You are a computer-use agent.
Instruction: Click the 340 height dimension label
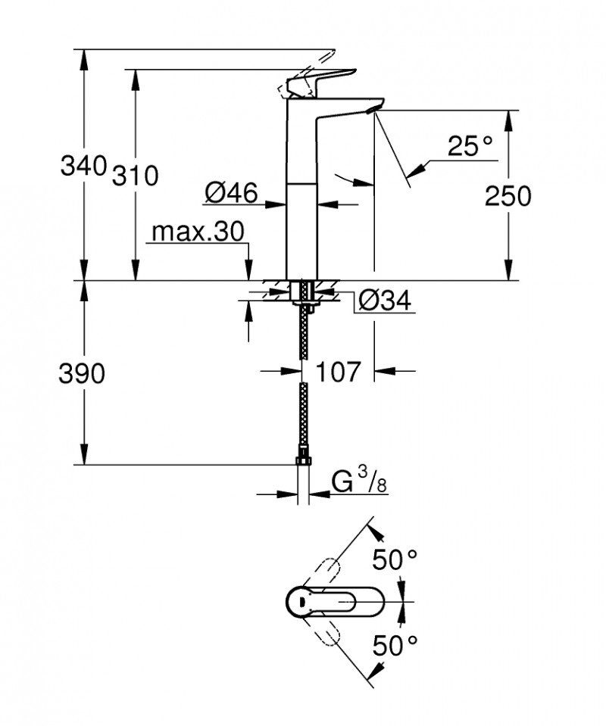[x=83, y=165]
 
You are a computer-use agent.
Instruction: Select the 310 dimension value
[x=136, y=176]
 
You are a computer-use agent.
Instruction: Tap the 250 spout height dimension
[x=508, y=196]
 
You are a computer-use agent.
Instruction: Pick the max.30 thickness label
[x=198, y=232]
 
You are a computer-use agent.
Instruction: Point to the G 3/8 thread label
[x=359, y=481]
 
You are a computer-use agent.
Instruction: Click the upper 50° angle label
[x=395, y=561]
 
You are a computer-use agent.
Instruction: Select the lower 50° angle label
[x=395, y=645]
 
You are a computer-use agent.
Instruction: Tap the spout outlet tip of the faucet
[x=370, y=111]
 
